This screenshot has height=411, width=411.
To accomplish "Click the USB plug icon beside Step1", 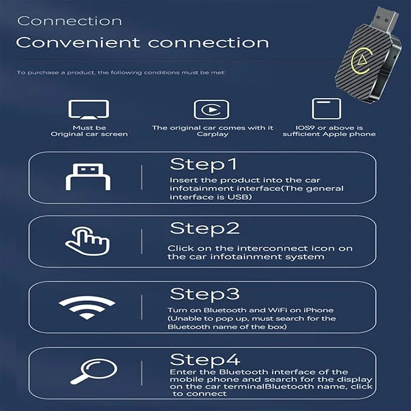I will (x=87, y=177).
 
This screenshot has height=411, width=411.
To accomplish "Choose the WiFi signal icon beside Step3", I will (x=87, y=307).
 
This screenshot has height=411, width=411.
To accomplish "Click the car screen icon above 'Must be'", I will (x=88, y=110).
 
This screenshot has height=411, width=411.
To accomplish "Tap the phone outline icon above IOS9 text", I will (x=323, y=109).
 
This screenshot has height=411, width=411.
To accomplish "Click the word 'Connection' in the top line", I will (x=69, y=21).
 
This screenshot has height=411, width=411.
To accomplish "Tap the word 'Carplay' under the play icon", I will (x=212, y=134).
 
